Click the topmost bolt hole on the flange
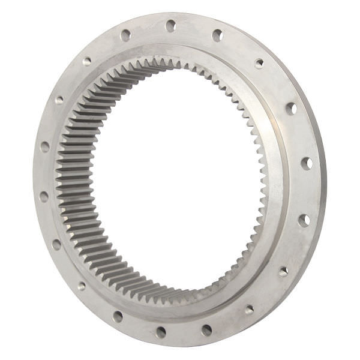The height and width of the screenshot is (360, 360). [170, 26]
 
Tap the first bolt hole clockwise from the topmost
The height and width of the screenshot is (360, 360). [217, 35]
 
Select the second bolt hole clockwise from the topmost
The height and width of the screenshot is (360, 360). [259, 63]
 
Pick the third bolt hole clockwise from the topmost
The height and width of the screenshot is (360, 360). [291, 109]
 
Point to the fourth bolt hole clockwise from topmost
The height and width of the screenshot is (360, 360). [306, 163]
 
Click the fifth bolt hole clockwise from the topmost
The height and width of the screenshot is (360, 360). [304, 220]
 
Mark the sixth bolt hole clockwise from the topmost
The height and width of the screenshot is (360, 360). [283, 271]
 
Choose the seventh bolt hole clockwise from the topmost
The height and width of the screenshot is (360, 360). [249, 310]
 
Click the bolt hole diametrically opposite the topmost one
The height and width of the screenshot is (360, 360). [161, 331]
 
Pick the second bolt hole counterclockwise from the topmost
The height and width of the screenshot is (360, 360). [87, 61]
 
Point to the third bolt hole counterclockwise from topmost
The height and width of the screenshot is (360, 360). [59, 100]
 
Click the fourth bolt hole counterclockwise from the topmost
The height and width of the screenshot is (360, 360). [45, 146]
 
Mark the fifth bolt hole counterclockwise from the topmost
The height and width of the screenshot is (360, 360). [44, 196]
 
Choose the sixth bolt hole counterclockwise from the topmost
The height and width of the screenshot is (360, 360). [56, 244]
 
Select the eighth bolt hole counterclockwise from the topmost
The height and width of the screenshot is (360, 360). [118, 316]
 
